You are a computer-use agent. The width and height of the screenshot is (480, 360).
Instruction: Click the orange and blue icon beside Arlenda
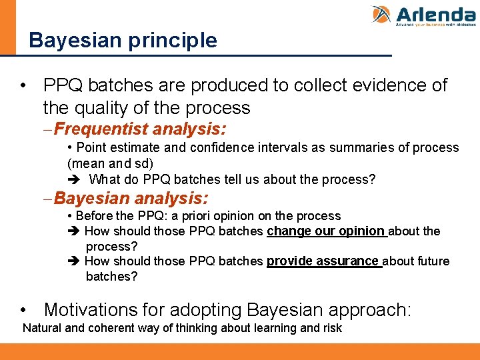(381, 15)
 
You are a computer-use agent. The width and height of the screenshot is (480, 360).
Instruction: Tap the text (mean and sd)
(110, 163)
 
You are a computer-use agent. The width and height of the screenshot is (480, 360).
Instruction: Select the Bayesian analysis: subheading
(131, 198)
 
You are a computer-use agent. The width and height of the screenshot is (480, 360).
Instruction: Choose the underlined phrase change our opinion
(326, 231)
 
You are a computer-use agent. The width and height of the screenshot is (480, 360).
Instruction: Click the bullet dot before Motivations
(25, 311)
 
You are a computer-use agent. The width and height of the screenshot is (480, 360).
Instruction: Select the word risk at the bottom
(331, 328)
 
